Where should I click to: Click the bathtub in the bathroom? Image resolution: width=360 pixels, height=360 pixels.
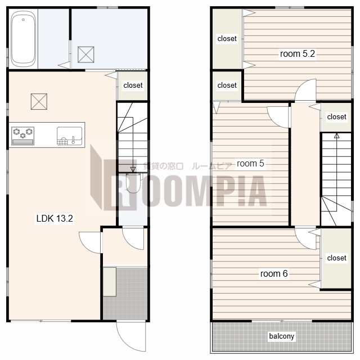[23, 38]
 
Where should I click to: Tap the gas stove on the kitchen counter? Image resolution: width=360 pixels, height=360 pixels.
[22, 136]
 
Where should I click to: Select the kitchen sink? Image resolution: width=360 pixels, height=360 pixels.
[69, 136]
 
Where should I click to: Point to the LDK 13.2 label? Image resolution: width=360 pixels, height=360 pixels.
[55, 218]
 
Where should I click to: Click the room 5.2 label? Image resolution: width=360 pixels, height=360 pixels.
[298, 54]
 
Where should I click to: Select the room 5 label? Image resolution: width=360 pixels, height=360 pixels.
[250, 164]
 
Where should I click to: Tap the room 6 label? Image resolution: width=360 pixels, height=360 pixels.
[274, 274]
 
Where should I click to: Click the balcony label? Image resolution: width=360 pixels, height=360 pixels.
[281, 336]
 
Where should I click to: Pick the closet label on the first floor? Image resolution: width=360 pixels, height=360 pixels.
[133, 85]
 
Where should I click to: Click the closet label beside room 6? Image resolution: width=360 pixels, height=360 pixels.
[336, 258]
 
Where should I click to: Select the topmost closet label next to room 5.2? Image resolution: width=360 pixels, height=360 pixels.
[227, 39]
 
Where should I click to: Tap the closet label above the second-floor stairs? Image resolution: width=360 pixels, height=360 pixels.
[336, 117]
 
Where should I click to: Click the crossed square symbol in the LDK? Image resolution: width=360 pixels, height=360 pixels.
[39, 101]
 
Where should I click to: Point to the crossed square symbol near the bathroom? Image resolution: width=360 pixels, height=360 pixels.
[86, 55]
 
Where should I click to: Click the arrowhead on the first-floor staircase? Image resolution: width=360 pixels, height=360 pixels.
[133, 170]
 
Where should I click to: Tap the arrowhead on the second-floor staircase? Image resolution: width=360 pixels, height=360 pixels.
[336, 136]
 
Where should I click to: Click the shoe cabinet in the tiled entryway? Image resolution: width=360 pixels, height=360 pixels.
[110, 282]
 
